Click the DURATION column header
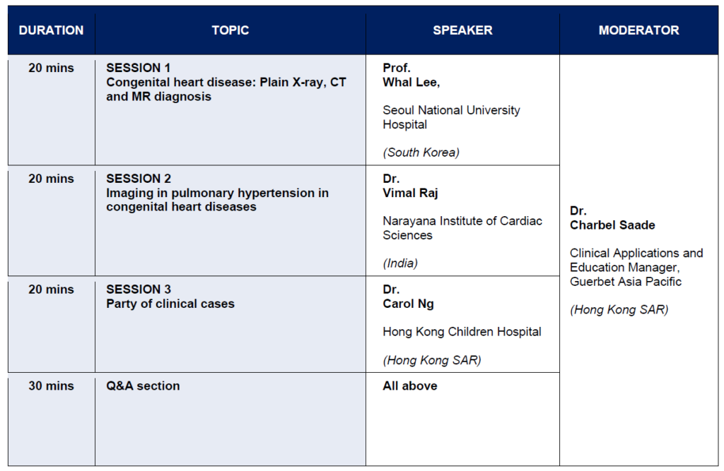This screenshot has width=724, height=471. (51, 30)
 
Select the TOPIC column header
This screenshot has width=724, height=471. (230, 30)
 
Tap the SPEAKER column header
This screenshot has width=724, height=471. (462, 30)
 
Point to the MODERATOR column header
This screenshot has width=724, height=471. (639, 30)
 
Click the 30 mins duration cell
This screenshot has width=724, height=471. (51, 386)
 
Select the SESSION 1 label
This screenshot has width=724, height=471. (139, 68)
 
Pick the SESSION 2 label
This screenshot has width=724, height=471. (139, 179)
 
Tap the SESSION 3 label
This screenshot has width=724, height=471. (139, 290)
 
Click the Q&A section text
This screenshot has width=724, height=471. (143, 386)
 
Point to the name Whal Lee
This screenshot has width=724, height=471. (411, 82)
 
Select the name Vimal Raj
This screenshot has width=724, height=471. (410, 193)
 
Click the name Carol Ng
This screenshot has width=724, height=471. (408, 304)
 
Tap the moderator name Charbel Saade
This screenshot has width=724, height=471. (612, 225)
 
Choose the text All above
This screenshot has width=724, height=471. (410, 386)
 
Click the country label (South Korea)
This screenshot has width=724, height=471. (421, 153)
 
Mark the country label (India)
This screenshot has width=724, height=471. (400, 263)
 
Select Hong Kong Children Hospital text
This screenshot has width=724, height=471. (462, 332)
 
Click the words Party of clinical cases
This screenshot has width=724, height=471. (170, 304)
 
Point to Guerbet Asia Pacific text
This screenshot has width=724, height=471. (626, 282)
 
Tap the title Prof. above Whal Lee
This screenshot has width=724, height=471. (397, 68)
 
